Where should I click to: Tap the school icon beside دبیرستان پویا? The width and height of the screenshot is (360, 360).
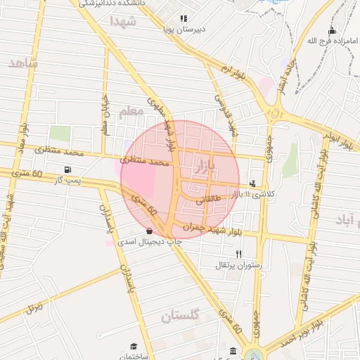pos(184,19)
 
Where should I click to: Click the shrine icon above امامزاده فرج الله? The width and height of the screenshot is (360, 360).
pos(332,31)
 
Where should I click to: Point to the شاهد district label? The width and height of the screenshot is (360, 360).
pos(22,63)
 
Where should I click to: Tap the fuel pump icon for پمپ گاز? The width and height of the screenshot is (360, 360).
pos(67,169)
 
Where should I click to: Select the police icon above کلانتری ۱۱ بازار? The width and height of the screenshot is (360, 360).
pos(252,184)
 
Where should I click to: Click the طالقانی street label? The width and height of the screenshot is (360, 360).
pos(212,200)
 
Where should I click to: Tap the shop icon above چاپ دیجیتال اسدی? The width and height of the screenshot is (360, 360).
pos(148,231)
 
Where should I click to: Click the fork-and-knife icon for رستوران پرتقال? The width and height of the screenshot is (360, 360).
pos(239,254)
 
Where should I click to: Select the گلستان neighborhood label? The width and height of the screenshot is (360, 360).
pos(181,316)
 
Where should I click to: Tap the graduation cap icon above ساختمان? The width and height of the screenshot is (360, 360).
pos(133,346)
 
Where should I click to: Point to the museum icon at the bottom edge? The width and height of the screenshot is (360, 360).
pos(233,351)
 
